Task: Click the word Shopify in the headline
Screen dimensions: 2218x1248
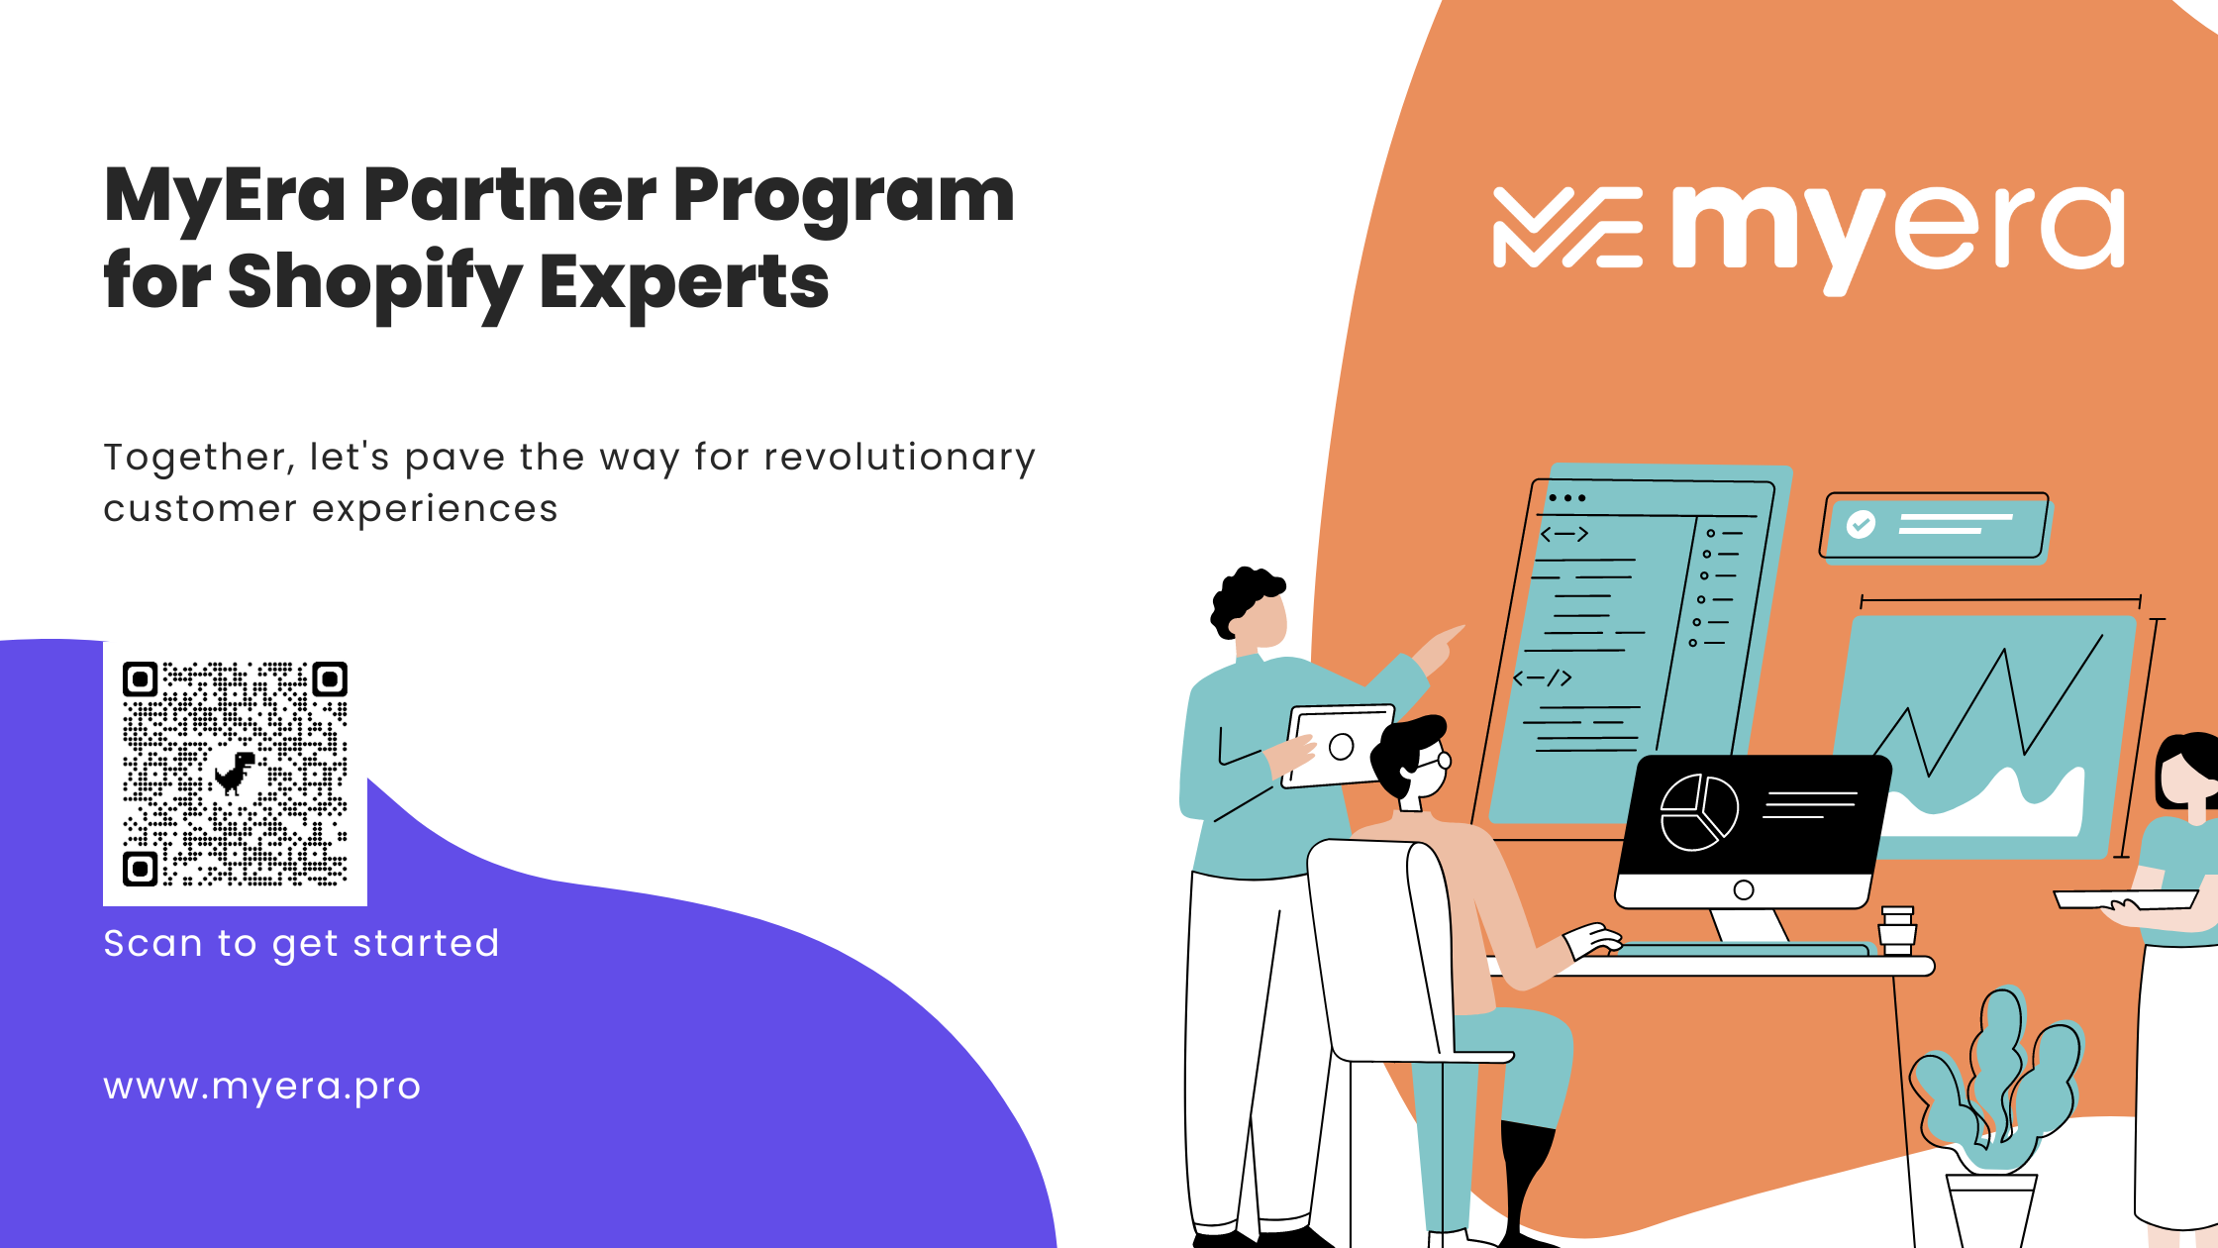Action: (374, 283)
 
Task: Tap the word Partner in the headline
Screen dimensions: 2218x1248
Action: (510, 195)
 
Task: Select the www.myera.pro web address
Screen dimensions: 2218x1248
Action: (262, 1087)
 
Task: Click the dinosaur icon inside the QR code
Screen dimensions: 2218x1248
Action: (236, 774)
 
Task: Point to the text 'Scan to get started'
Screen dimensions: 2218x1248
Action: (301, 944)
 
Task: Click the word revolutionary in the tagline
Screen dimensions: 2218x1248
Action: (899, 458)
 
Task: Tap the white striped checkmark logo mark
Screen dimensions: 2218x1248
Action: (1567, 228)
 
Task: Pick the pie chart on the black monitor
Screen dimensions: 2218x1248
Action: (1699, 812)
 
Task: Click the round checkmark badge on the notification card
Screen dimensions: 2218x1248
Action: (1861, 524)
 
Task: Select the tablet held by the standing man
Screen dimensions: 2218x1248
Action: (1338, 746)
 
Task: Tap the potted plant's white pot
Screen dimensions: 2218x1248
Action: (1991, 1210)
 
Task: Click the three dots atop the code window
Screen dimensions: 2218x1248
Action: (1567, 497)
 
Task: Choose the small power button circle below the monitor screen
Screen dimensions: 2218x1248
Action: (1744, 889)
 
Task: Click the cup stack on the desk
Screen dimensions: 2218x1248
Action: (1897, 930)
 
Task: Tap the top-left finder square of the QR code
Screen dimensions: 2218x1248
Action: (141, 679)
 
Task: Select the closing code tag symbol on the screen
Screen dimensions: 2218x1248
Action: (1543, 678)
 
